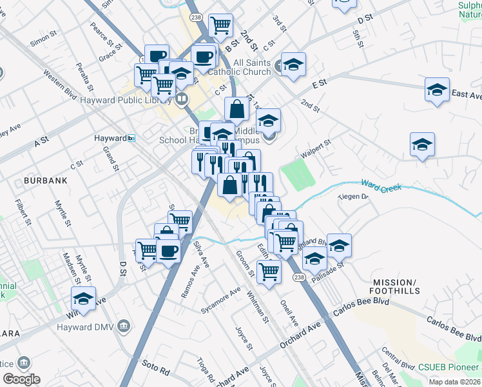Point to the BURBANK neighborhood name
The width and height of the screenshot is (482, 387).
pyautogui.click(x=45, y=181)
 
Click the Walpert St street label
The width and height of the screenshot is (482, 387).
pyautogui.click(x=315, y=148)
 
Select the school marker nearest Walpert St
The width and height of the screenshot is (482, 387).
pyautogui.click(x=422, y=144)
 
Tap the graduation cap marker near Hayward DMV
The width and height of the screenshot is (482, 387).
pyautogui.click(x=83, y=298)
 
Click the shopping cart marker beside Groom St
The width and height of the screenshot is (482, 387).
pyautogui.click(x=268, y=270)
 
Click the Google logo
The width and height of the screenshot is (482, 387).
pyautogui.click(x=21, y=379)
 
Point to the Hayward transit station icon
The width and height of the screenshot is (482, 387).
pyautogui.click(x=131, y=138)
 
